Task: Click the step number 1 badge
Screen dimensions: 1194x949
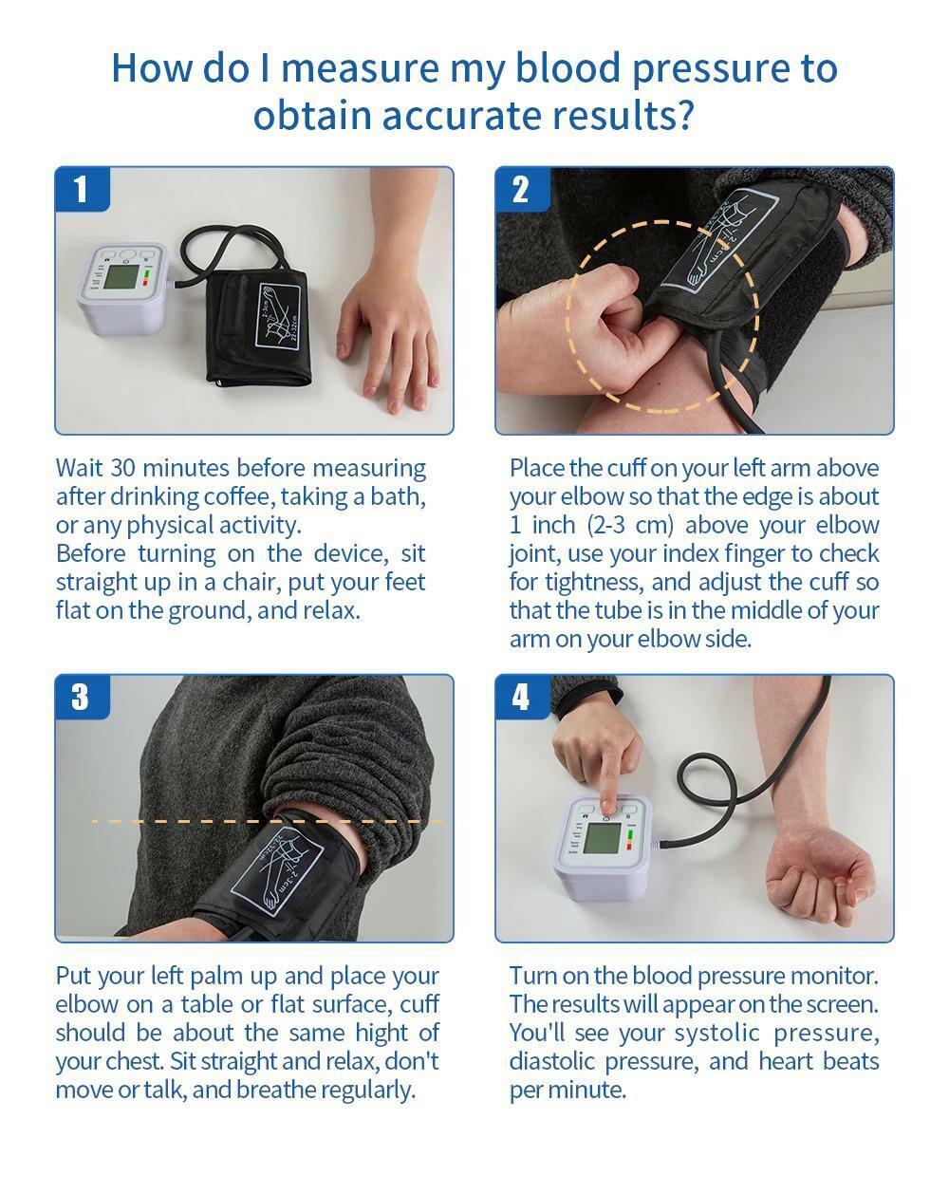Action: pyautogui.click(x=81, y=189)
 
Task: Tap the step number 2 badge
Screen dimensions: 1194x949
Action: pyautogui.click(x=521, y=189)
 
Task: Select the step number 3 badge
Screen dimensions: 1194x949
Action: pyautogui.click(x=81, y=697)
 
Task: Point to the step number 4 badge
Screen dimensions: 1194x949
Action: pyautogui.click(x=521, y=697)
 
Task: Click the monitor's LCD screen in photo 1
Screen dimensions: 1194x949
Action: pyautogui.click(x=121, y=278)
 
